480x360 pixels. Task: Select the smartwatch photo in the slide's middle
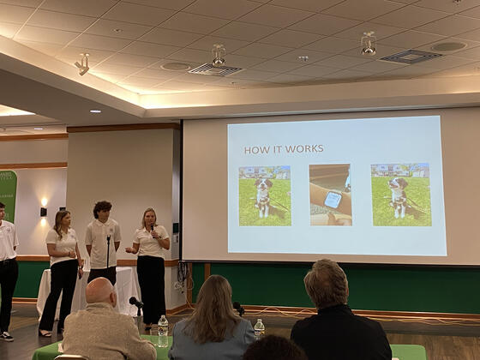point(330,195)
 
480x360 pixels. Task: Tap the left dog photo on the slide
point(264,195)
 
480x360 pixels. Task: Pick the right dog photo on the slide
point(400,195)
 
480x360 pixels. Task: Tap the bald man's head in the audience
point(100,291)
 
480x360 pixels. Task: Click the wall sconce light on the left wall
point(44,210)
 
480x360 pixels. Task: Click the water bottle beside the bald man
point(163,330)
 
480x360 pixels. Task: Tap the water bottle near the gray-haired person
point(259,328)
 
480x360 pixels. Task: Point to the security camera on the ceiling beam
point(83,64)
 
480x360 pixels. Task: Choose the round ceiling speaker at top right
point(449,46)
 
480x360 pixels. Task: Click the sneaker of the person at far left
point(6,335)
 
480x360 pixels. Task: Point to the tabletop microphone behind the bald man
point(136,303)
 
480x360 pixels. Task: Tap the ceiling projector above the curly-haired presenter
point(218,57)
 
